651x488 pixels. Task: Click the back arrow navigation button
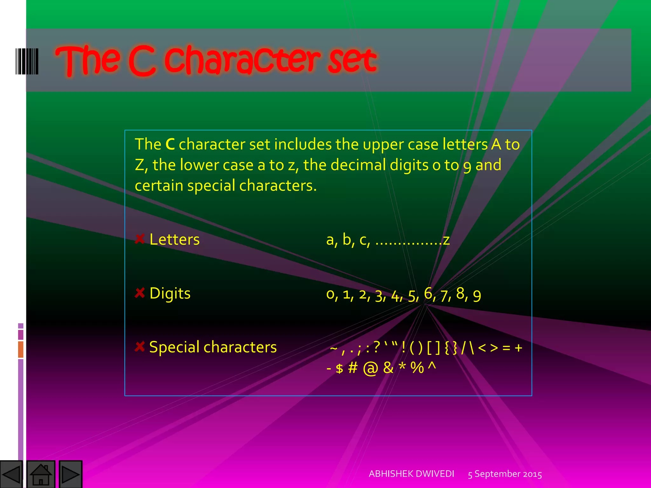[x=11, y=474]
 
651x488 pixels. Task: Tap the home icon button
[x=41, y=474]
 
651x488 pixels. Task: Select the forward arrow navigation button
[x=70, y=474]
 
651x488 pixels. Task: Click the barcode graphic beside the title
[x=27, y=61]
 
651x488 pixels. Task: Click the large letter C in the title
[x=142, y=61]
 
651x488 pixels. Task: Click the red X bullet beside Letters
[x=140, y=239]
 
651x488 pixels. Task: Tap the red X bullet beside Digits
[x=140, y=293]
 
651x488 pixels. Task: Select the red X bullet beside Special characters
[x=140, y=347]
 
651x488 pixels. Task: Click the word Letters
[x=175, y=239]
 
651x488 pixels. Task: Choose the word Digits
[x=170, y=293]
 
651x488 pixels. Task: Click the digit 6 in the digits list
[x=428, y=293]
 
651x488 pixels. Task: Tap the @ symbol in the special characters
[x=370, y=368]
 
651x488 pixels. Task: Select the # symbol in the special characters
[x=353, y=368]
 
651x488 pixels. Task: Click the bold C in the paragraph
[x=170, y=144]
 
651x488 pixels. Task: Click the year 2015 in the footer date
[x=532, y=474]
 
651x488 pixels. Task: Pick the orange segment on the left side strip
[x=21, y=349]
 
